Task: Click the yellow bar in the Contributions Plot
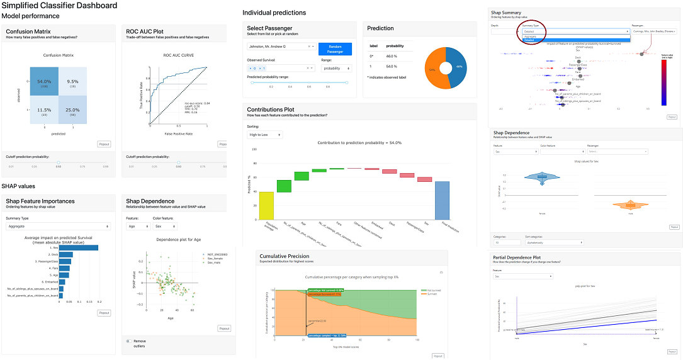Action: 266,206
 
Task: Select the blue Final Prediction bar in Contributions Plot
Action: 442,201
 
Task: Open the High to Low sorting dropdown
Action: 264,135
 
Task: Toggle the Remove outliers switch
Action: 130,341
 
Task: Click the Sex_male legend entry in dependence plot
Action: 203,262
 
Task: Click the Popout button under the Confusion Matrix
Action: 104,144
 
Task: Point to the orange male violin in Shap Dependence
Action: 629,205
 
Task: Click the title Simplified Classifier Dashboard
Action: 59,6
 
